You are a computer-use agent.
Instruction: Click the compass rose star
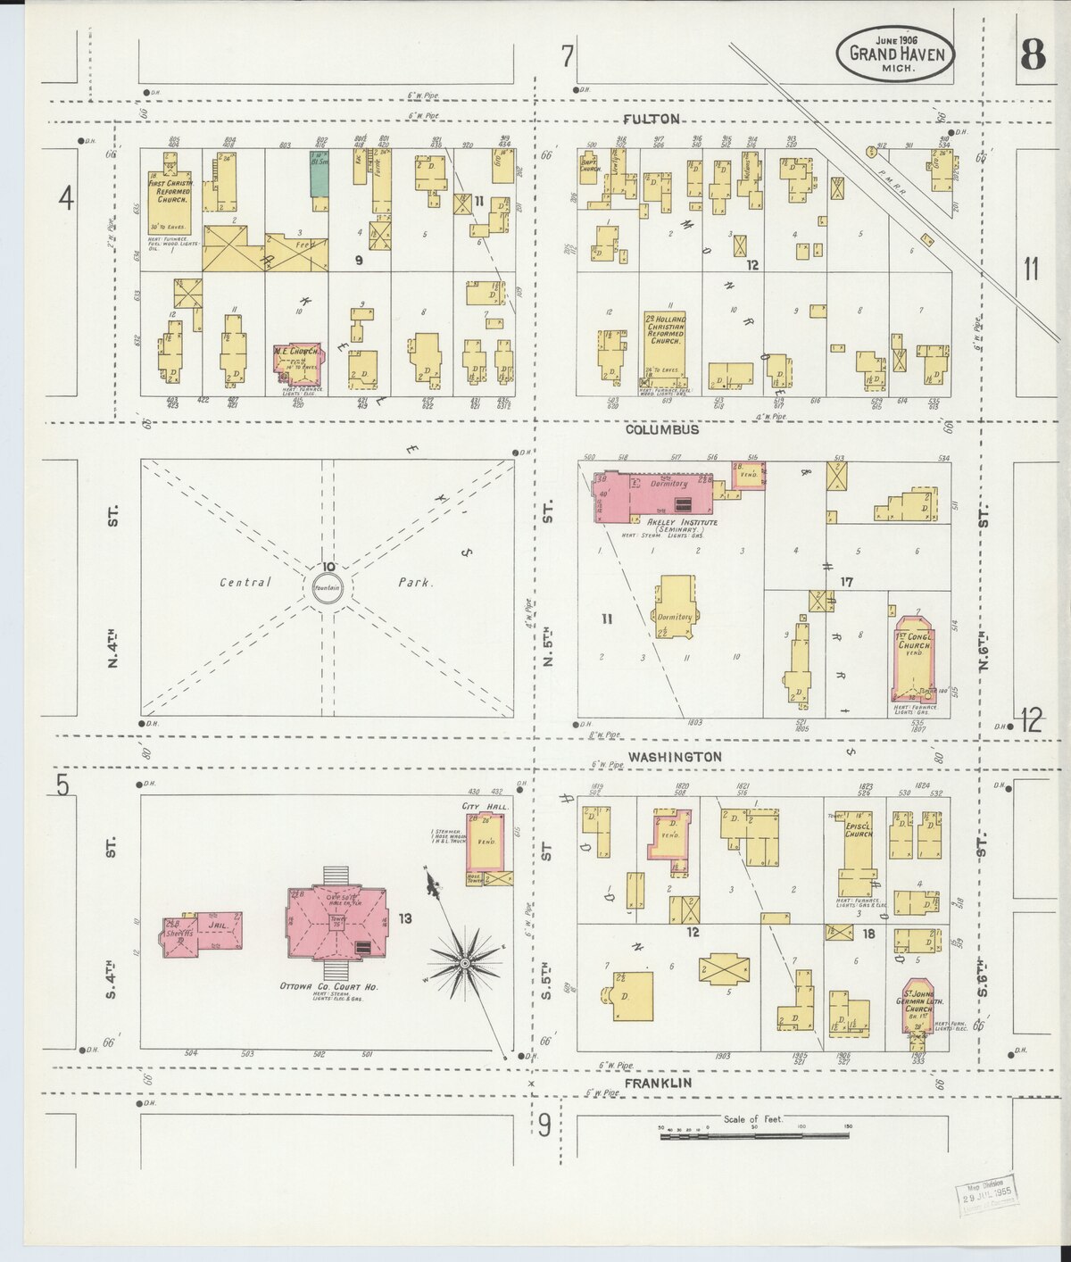point(464,963)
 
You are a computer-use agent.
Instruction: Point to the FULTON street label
point(652,119)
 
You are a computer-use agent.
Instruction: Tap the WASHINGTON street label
point(674,756)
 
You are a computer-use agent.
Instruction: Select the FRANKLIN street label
point(660,1083)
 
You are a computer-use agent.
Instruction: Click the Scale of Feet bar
point(755,1134)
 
